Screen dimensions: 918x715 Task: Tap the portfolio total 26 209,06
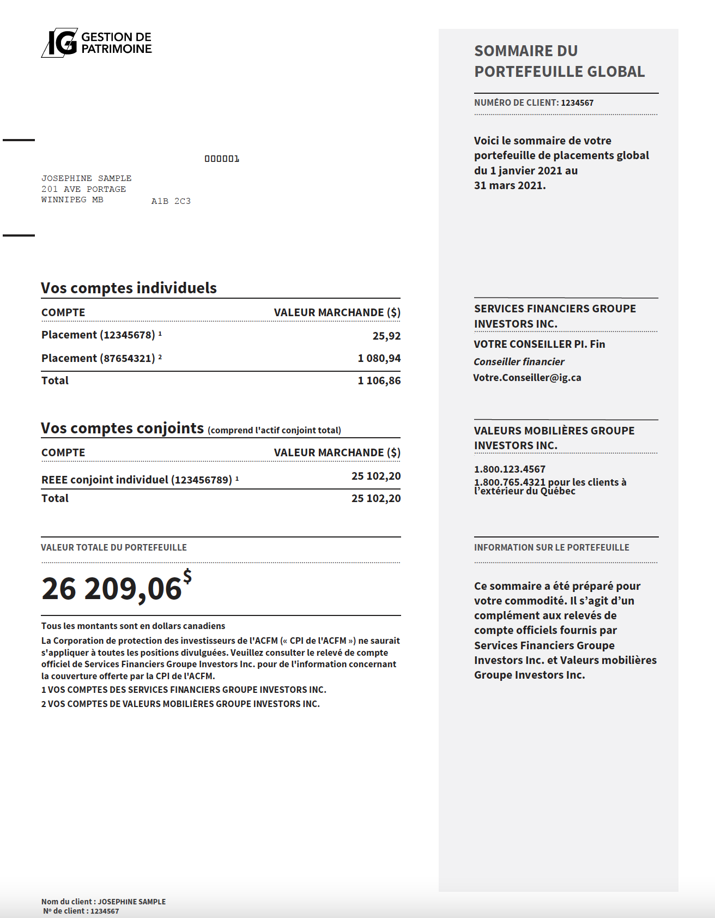coord(111,589)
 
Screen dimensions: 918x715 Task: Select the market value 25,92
coord(386,336)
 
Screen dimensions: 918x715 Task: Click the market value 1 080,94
coord(379,359)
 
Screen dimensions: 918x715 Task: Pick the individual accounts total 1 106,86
coord(379,381)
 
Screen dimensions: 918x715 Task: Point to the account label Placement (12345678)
coord(98,335)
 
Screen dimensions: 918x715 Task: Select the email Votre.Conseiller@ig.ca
coord(527,378)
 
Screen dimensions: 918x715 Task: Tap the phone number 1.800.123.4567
coord(510,469)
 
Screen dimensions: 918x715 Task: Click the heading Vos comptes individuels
coord(129,288)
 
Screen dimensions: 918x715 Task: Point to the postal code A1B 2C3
coord(171,201)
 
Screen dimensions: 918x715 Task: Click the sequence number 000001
coord(222,159)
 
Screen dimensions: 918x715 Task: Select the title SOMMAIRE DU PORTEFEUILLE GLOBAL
coord(559,61)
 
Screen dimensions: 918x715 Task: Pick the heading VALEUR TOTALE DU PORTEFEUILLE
coord(114,548)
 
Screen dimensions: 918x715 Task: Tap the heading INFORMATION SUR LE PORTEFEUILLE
coord(552,548)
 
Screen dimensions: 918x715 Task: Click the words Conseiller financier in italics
coord(519,362)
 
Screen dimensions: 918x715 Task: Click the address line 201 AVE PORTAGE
coord(83,189)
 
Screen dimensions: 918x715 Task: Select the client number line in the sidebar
coord(534,103)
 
